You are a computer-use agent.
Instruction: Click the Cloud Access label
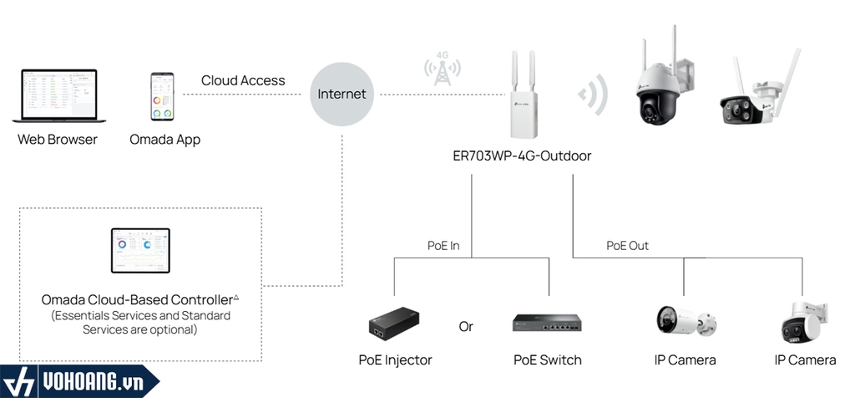(x=243, y=81)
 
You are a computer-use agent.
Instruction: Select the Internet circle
(x=342, y=94)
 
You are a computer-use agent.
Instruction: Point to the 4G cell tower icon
(x=441, y=71)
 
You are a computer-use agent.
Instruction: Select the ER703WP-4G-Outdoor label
(x=521, y=156)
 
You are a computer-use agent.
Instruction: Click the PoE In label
(x=443, y=246)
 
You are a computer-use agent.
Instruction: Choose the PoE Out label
(x=627, y=246)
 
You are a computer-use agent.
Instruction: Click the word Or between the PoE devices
(x=466, y=326)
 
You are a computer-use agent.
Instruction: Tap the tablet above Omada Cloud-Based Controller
(x=140, y=251)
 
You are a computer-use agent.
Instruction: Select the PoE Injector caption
(x=395, y=360)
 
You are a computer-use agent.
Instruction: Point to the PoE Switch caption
(x=547, y=360)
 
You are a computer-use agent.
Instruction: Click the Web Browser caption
(x=58, y=140)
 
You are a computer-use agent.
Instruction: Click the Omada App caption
(x=164, y=140)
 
